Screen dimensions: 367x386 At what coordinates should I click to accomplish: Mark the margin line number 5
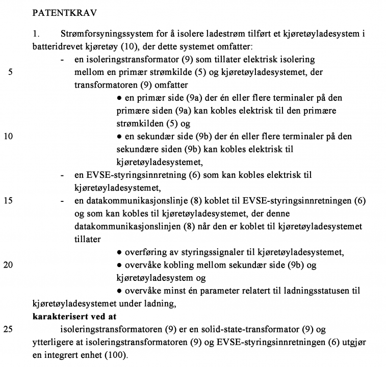click(x=11, y=72)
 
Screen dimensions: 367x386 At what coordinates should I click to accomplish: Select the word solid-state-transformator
click(x=240, y=329)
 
